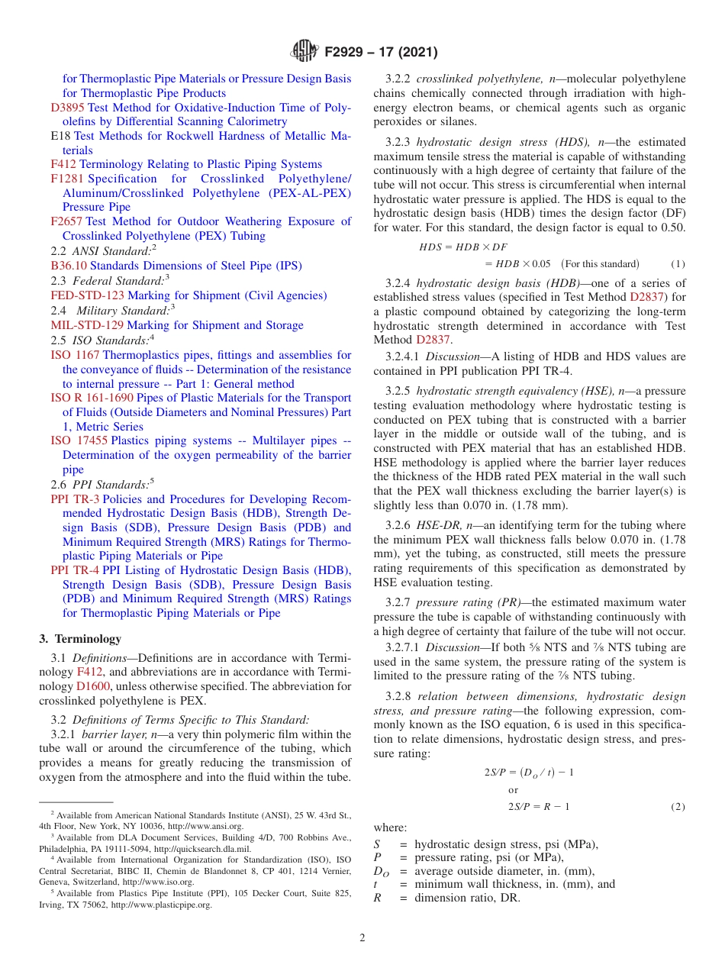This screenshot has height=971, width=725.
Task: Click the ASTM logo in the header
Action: [304, 52]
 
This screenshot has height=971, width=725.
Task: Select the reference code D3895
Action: [68, 108]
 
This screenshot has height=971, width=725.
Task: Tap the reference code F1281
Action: [67, 179]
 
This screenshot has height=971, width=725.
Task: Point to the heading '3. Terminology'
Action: [79, 639]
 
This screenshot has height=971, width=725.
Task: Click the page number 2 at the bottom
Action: [362, 937]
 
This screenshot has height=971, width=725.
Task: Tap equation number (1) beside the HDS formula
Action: [678, 264]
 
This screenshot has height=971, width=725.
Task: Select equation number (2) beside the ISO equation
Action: [678, 807]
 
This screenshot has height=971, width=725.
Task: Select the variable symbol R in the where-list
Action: [377, 898]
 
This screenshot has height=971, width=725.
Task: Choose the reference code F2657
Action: [67, 221]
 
